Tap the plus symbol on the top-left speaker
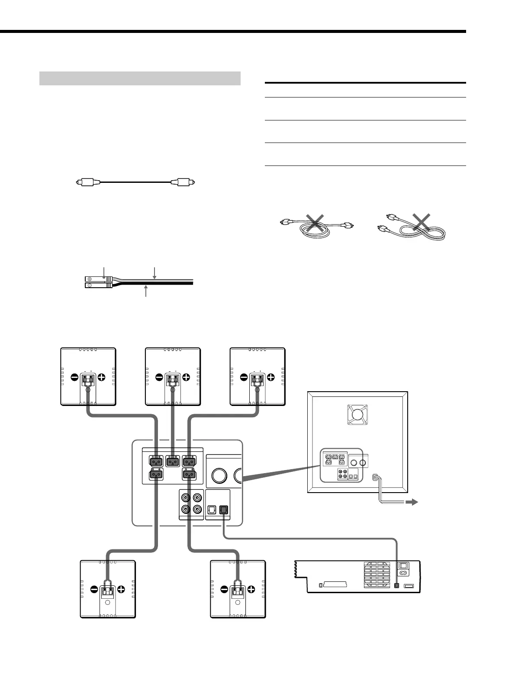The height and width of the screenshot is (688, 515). [101, 377]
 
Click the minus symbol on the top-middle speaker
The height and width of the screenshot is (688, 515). [159, 377]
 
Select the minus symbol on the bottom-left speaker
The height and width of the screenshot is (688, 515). [94, 590]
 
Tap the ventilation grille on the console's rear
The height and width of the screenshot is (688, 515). [377, 576]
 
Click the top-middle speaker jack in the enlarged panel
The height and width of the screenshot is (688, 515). [173, 461]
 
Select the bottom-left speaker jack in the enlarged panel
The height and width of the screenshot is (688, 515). [156, 475]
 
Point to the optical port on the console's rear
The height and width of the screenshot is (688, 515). [397, 586]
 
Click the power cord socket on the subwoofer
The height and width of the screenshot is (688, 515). [376, 478]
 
